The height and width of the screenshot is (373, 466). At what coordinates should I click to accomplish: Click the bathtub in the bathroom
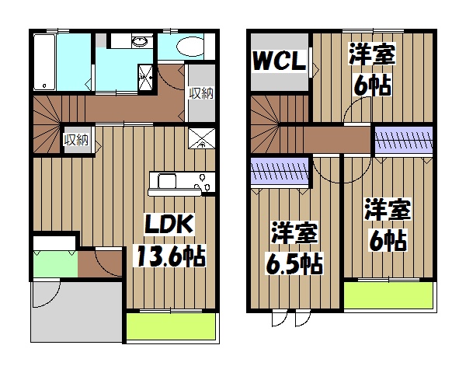tap(47, 61)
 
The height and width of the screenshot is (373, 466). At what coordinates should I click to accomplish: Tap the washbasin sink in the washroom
tap(140, 42)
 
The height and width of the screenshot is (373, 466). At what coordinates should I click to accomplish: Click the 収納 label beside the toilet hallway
tap(201, 93)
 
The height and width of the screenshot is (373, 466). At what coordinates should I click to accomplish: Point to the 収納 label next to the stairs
tap(76, 140)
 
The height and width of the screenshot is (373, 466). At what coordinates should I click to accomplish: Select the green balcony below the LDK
tap(169, 326)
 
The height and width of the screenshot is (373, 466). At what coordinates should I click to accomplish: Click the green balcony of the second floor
tap(388, 296)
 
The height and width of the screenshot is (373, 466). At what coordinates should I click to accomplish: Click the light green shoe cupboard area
tap(54, 263)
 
